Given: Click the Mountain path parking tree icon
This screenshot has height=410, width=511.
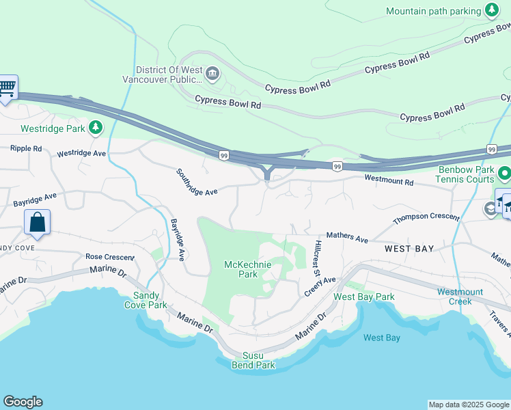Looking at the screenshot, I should coord(491,10).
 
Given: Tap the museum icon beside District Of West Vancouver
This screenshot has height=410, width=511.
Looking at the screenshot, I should coord(212,74).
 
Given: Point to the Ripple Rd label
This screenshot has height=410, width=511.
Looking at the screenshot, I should coord(26,148).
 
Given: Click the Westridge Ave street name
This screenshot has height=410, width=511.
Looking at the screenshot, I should coord(81,154).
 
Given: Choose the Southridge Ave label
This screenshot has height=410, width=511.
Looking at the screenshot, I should coord(196,182).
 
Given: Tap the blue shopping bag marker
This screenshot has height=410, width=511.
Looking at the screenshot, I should coord(37,223).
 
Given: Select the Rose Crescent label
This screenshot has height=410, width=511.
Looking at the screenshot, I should coord(108,257).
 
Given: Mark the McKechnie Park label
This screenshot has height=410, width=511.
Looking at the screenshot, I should coord(248,269).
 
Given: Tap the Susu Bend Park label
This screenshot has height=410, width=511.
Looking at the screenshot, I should coord(259,360).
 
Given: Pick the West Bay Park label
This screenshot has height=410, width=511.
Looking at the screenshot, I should coord(363,297).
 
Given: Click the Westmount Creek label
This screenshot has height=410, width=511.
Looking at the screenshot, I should coord(460,297).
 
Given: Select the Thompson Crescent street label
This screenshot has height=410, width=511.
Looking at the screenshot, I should coord(426,219).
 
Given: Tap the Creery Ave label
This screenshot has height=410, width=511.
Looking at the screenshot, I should coord(320,286).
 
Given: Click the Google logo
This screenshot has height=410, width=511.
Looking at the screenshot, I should coord(23,402).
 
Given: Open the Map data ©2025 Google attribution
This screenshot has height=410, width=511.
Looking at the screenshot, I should coord(469,405).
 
